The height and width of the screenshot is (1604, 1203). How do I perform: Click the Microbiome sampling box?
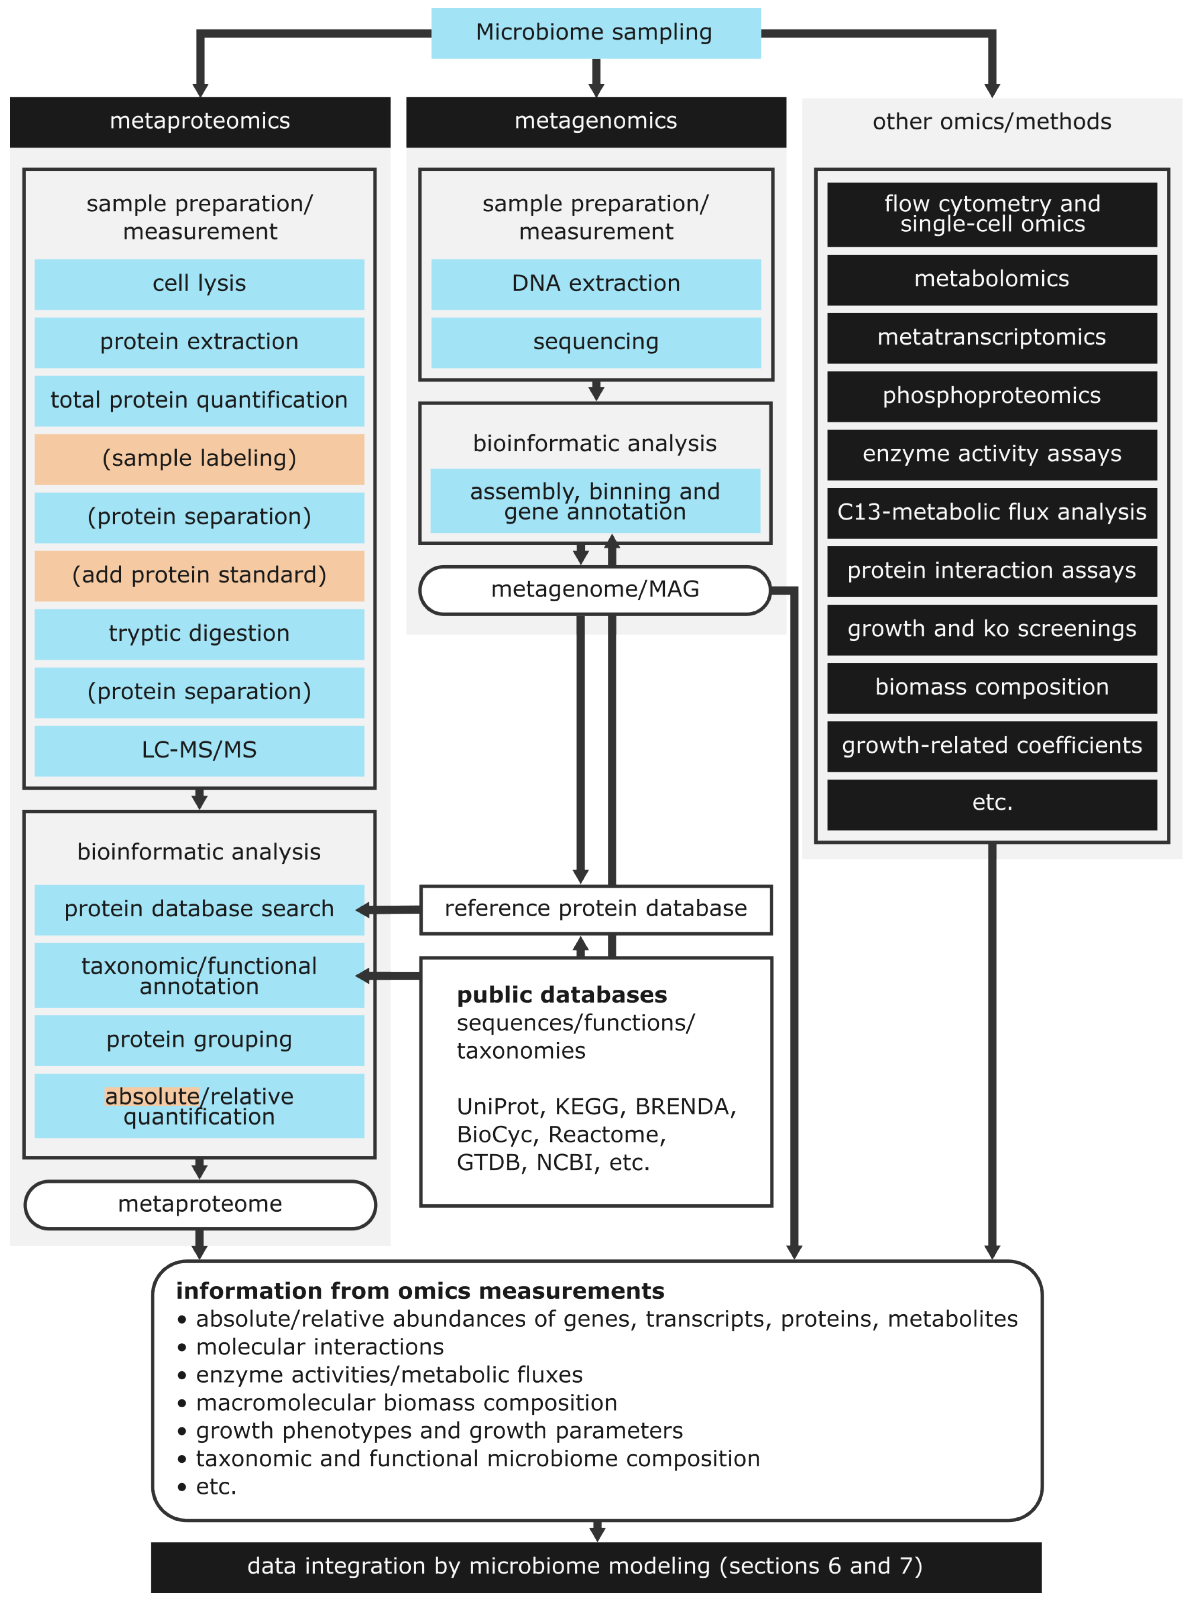595,33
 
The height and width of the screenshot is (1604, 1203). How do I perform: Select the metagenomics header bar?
595,121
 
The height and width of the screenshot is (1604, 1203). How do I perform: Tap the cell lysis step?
199,283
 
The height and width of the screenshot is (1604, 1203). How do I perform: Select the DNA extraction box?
595,283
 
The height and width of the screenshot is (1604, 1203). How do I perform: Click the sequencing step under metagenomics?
595,341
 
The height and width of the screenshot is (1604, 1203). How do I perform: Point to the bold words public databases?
561,995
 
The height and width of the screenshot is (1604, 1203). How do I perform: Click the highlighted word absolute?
151,1096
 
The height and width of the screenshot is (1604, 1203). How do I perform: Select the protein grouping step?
199,1040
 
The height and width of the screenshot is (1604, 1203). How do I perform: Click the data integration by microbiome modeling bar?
595,1566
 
